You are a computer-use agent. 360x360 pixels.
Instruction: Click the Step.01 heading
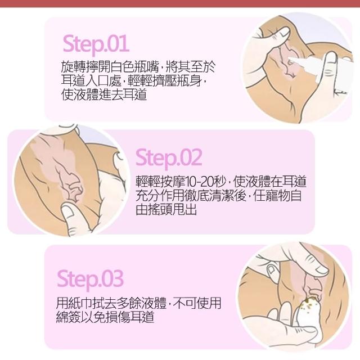pyautogui.click(x=96, y=44)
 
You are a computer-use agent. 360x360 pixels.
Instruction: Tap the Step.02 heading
pyautogui.click(x=169, y=158)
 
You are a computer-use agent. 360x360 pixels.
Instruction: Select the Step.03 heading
pyautogui.click(x=90, y=280)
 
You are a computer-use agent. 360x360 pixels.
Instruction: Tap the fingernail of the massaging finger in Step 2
pyautogui.click(x=68, y=211)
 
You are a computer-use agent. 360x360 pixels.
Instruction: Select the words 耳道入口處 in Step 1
pyautogui.click(x=91, y=80)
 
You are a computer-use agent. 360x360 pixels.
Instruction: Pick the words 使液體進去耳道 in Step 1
pyautogui.click(x=104, y=94)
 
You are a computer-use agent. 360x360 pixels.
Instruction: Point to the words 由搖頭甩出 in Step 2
pyautogui.click(x=166, y=209)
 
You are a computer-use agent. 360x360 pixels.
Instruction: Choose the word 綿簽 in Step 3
pyautogui.click(x=68, y=317)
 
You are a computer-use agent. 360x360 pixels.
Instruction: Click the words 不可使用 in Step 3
pyautogui.click(x=197, y=303)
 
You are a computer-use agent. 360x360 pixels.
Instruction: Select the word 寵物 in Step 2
pyautogui.click(x=277, y=196)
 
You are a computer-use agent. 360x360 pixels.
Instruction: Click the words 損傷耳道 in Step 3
pyautogui.click(x=129, y=317)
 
